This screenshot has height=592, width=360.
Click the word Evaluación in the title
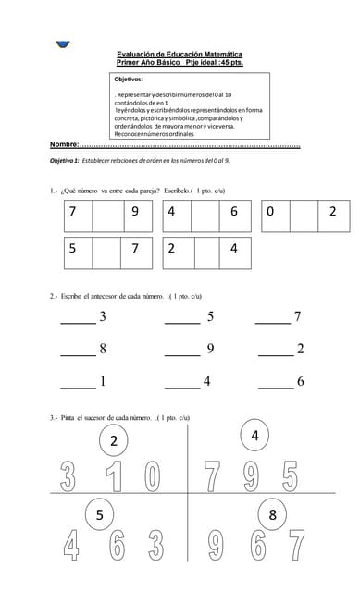pos(135,55)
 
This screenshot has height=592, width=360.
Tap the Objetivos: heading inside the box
pos(130,80)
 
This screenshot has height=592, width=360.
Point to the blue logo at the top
pos(63,42)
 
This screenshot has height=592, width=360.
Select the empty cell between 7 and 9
pos(106,212)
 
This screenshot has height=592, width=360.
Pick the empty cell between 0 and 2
pos(304,212)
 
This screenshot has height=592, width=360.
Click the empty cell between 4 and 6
pos(205,212)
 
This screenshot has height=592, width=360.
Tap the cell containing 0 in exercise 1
pos(274,212)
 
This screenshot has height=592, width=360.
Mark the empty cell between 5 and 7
pos(106,249)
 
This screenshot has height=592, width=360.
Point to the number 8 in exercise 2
pos(102,349)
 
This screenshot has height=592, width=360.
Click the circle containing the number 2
pos(114,440)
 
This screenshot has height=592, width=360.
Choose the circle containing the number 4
pos(254,434)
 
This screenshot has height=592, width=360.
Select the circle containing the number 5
pos(99,516)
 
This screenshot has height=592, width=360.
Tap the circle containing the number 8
pos(272,514)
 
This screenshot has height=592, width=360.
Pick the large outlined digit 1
pos(113,477)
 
